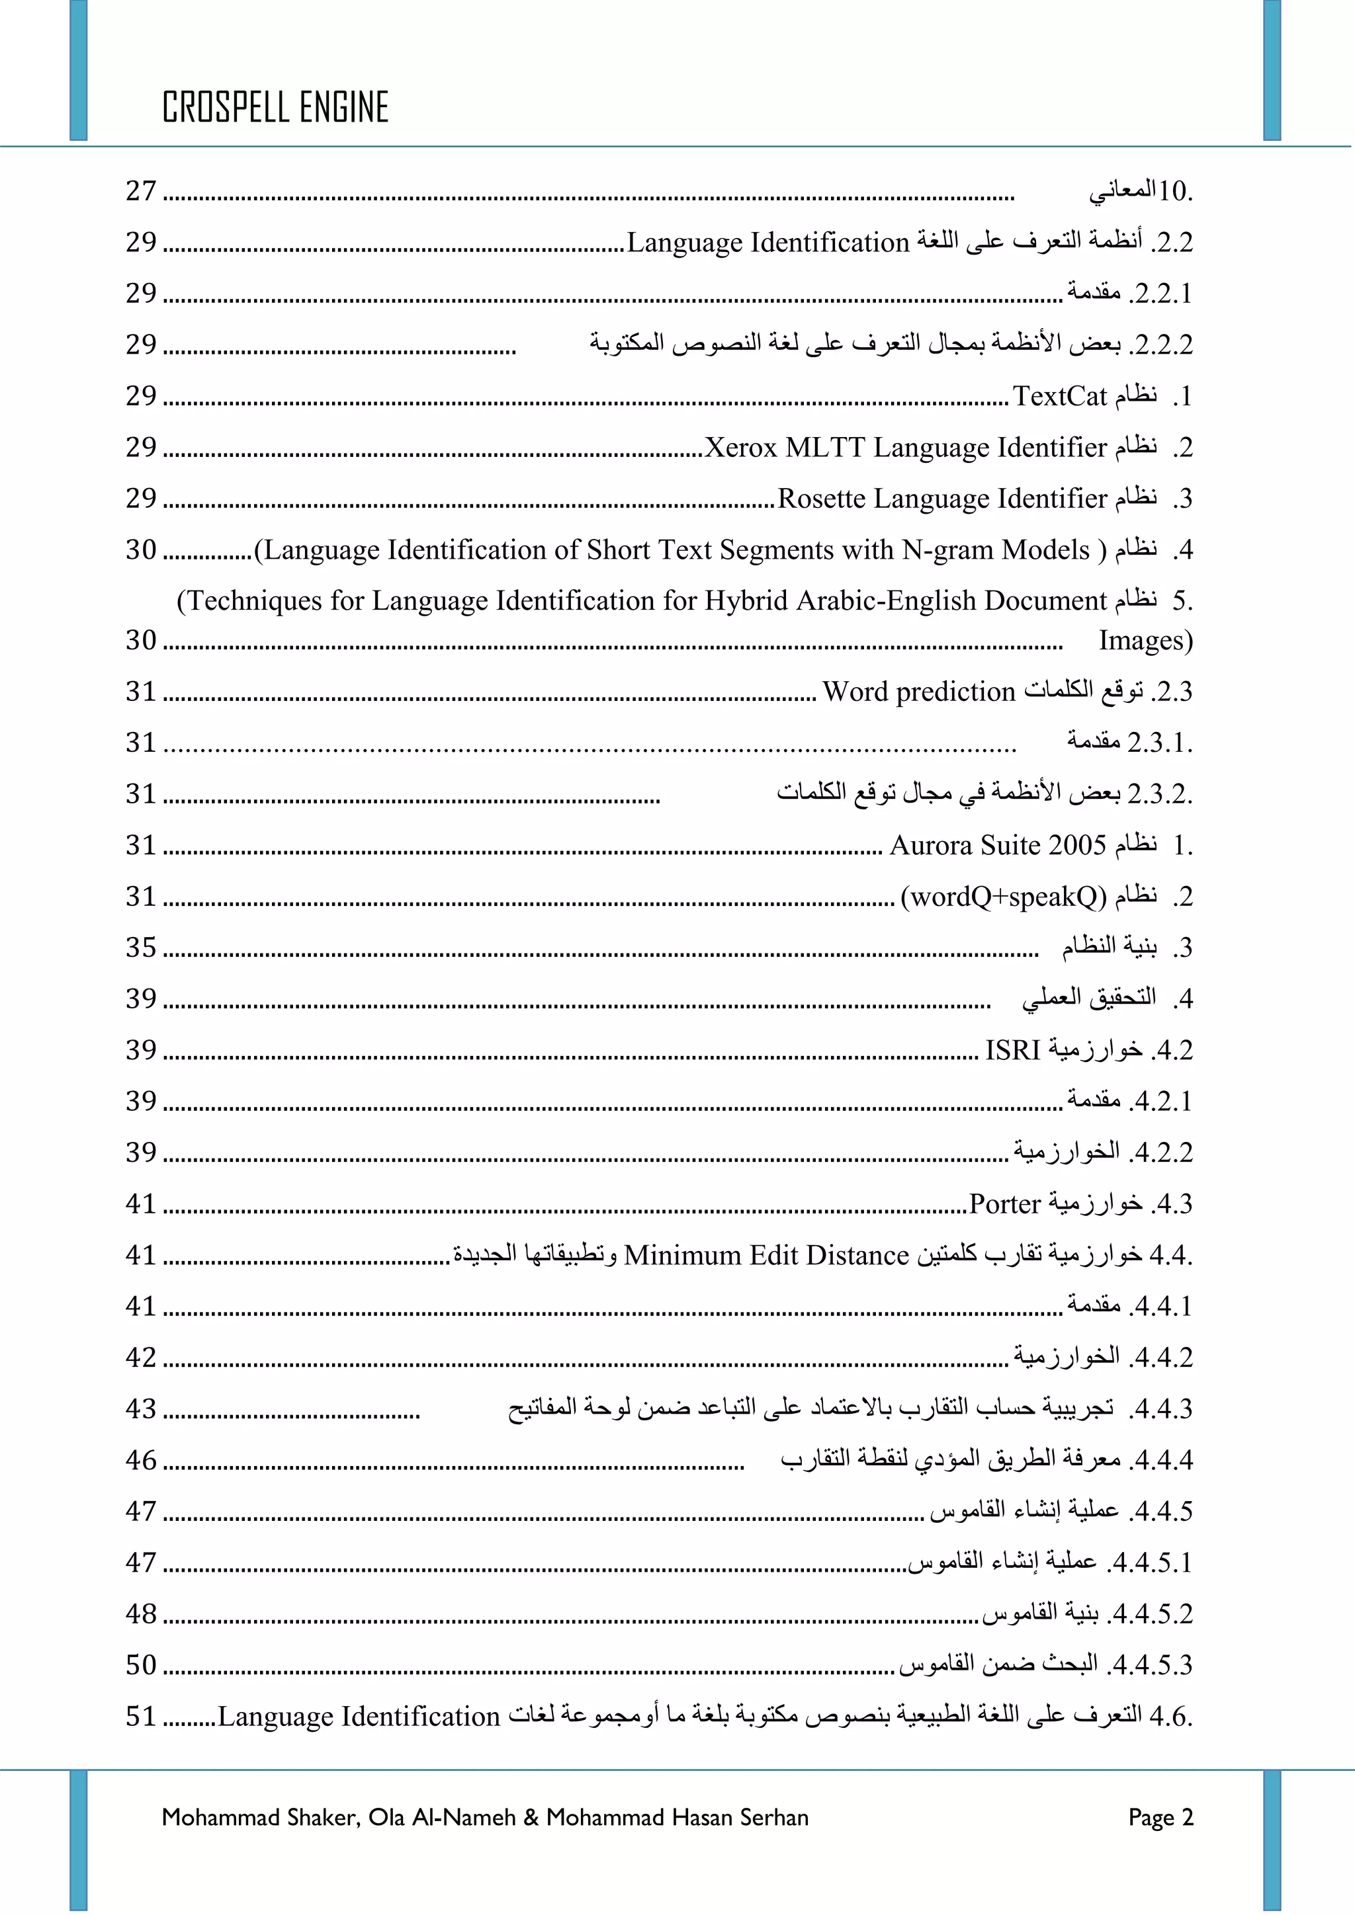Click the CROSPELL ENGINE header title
275,108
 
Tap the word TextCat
1060,396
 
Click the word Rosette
822,499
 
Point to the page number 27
141,191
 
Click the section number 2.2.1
1160,294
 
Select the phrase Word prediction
918,692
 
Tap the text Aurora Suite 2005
998,846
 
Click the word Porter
1004,1204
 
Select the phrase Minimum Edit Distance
766,1255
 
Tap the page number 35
141,948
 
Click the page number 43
141,1408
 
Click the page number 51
141,1717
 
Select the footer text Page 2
1160,1817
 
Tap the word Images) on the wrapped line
1145,641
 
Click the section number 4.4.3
1160,1408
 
